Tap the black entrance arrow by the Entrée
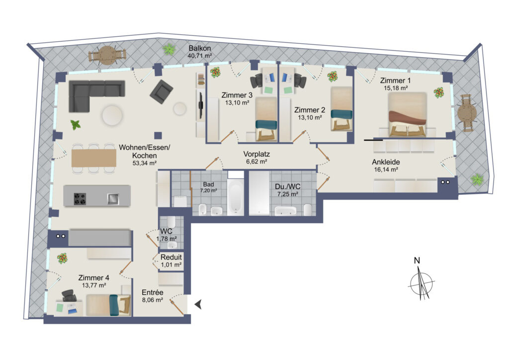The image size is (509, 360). (x=198, y=304)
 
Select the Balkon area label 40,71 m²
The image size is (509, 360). (x=200, y=56)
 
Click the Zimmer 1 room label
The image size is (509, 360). (x=395, y=80)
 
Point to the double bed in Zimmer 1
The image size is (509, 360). (x=408, y=114)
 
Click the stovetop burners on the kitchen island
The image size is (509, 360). (x=80, y=199)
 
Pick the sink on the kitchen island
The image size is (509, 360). (x=113, y=199)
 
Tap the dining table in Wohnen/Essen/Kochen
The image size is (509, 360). (x=94, y=158)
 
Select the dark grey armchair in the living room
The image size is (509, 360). (x=162, y=92)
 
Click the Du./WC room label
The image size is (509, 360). (x=288, y=186)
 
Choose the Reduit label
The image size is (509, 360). (x=171, y=257)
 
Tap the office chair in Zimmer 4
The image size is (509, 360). (x=69, y=296)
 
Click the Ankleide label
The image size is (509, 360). (x=386, y=162)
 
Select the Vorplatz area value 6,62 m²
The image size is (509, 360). (x=256, y=161)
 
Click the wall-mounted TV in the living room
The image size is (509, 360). (x=201, y=105)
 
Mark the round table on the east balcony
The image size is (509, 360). (x=467, y=113)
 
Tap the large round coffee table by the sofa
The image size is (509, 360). (x=112, y=115)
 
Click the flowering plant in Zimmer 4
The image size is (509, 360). (x=62, y=259)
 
